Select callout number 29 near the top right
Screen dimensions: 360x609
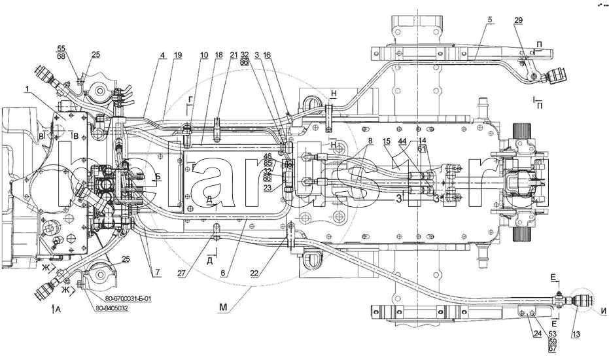(x=518, y=21)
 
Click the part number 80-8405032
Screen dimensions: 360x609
(x=109, y=308)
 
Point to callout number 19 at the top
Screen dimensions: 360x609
(x=177, y=56)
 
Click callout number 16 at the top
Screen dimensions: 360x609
(x=268, y=56)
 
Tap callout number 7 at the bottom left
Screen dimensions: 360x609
(x=157, y=270)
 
